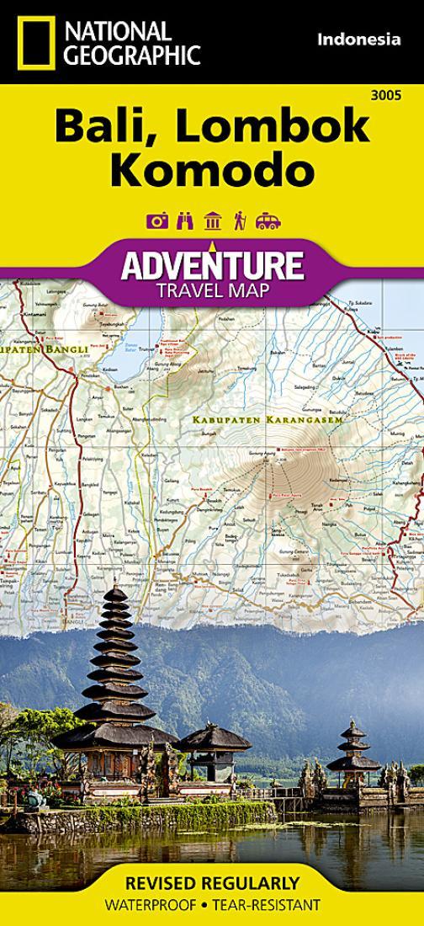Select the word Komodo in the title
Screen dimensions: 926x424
pyautogui.click(x=211, y=170)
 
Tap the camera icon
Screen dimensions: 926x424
pyautogui.click(x=156, y=221)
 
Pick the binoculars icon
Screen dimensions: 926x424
pyautogui.click(x=184, y=221)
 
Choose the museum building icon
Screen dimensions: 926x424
pyautogui.click(x=212, y=221)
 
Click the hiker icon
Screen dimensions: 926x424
pyautogui.click(x=239, y=221)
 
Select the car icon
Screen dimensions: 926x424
pyautogui.click(x=268, y=221)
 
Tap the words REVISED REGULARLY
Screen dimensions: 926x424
pyautogui.click(x=212, y=883)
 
